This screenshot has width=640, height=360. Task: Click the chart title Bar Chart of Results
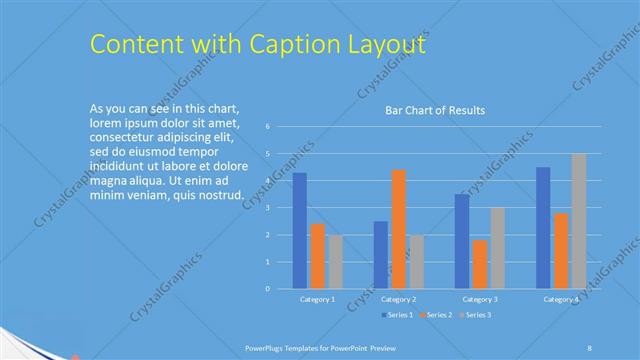point(435,110)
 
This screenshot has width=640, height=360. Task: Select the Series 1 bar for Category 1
point(300,231)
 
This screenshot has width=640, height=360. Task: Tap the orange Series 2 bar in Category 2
point(398,229)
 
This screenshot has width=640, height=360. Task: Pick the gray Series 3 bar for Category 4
point(579,221)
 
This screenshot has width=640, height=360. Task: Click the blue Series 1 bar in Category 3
point(462,241)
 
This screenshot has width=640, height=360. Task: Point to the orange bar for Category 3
point(480,264)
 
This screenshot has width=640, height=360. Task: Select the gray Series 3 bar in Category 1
point(335,262)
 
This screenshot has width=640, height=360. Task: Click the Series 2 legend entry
point(438,315)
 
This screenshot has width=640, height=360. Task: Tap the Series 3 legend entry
point(476,315)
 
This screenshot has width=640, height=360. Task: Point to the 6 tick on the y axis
point(268,127)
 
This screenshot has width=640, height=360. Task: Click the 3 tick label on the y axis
point(268,208)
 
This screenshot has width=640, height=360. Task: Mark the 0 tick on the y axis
point(268,289)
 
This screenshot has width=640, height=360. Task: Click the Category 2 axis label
point(399,299)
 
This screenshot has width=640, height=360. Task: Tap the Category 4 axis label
point(561,299)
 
